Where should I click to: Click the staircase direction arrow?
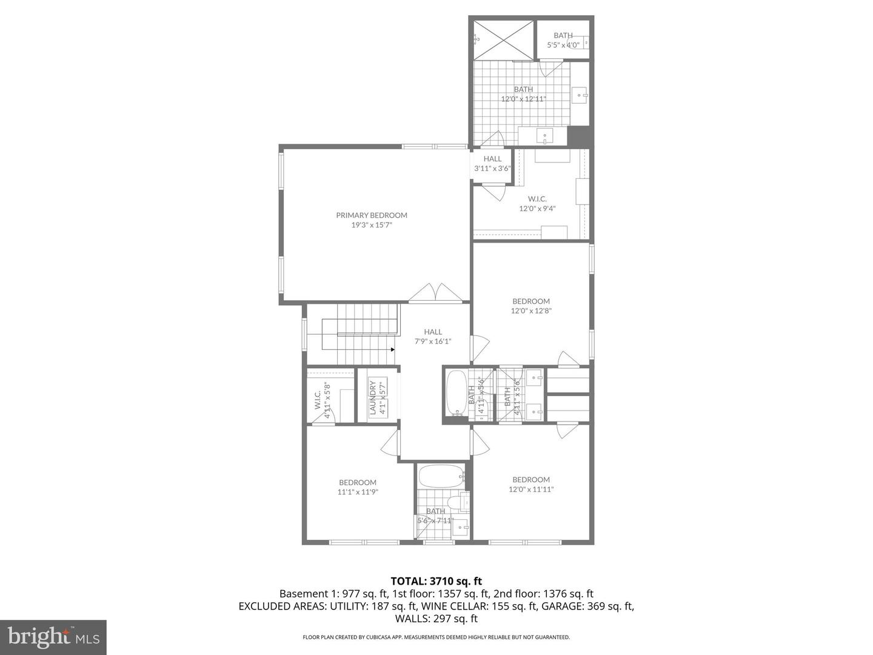393,349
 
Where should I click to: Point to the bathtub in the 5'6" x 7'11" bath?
441,477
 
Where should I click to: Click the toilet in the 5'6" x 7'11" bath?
453,503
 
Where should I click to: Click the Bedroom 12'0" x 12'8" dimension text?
531,311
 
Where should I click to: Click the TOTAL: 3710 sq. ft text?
436,581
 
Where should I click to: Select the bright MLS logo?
53,637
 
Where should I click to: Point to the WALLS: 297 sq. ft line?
436,619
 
